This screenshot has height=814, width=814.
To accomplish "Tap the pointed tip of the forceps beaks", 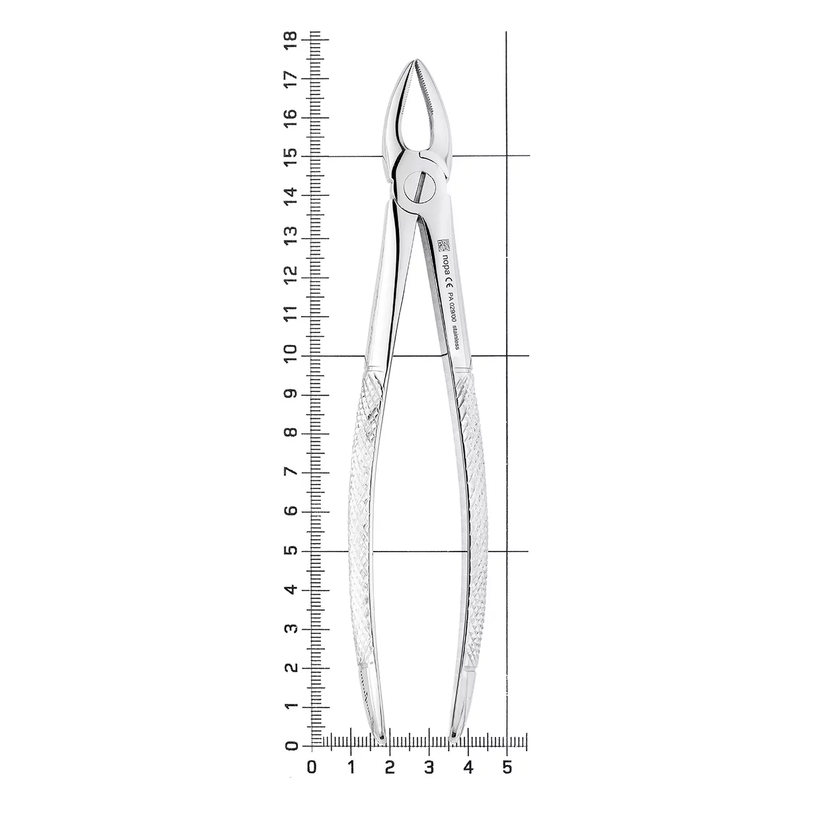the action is pyautogui.click(x=416, y=59).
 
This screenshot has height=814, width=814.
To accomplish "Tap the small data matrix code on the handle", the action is pyautogui.click(x=443, y=245).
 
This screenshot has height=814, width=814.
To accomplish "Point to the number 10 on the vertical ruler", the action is pyautogui.click(x=291, y=355).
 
